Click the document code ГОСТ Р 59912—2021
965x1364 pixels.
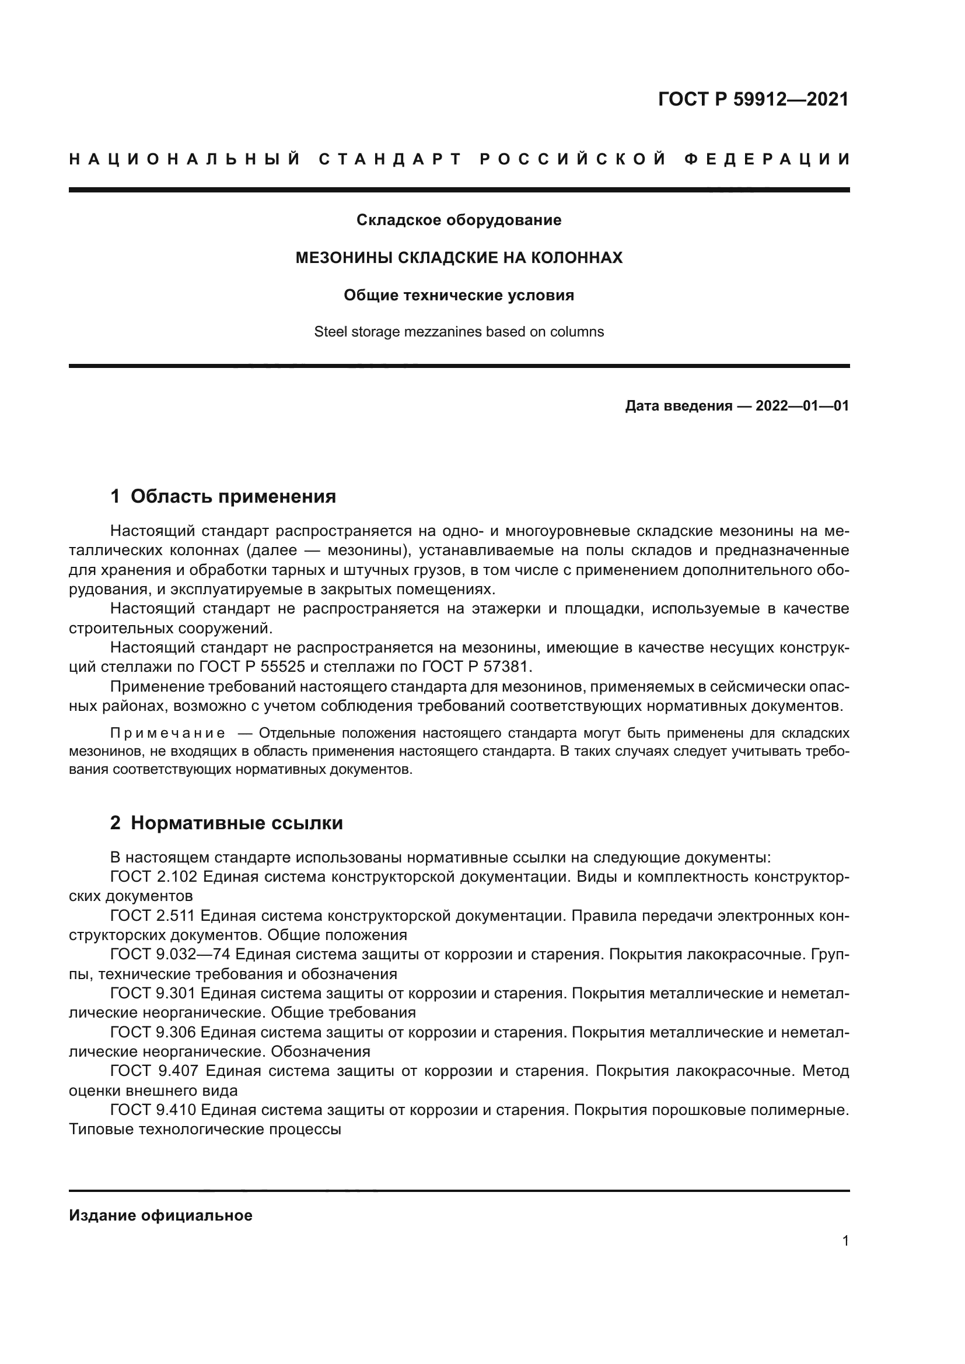click(x=753, y=99)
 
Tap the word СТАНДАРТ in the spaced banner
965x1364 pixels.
click(x=390, y=159)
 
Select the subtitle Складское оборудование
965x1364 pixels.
click(x=459, y=220)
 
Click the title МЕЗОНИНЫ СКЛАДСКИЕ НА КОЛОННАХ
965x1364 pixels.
click(x=459, y=258)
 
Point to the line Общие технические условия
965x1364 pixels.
click(x=459, y=295)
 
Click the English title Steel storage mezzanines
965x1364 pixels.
click(x=459, y=331)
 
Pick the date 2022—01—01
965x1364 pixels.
click(x=802, y=406)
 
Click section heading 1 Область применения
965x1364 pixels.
click(x=223, y=496)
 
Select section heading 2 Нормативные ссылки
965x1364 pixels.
click(x=226, y=823)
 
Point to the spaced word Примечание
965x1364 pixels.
click(x=167, y=733)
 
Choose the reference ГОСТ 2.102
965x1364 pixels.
click(x=153, y=877)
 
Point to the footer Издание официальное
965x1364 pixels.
click(x=160, y=1215)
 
